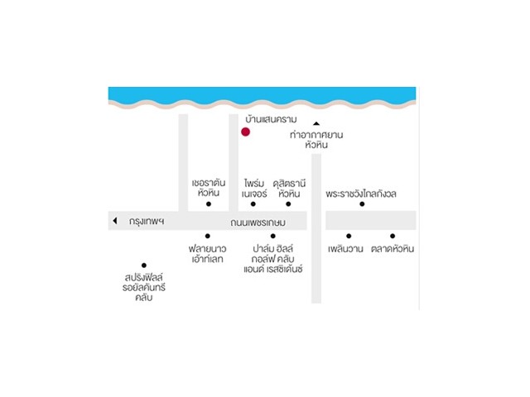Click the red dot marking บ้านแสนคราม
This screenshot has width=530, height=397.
click(x=245, y=132)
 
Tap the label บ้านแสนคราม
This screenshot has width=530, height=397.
click(x=269, y=120)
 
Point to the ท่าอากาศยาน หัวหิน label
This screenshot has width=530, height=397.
click(x=316, y=139)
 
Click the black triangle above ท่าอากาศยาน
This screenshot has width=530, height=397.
click(x=316, y=124)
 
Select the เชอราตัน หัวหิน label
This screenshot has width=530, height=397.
click(x=208, y=187)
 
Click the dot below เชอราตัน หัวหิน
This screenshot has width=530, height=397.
click(x=209, y=203)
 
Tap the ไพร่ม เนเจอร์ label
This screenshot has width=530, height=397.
click(x=253, y=187)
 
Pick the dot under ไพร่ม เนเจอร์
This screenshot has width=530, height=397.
click(x=253, y=203)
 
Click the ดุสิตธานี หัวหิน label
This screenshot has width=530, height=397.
click(x=289, y=187)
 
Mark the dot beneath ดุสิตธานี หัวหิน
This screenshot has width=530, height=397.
click(x=288, y=203)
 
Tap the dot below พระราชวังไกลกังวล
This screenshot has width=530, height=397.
click(x=362, y=203)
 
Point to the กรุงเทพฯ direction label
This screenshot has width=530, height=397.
click(x=147, y=222)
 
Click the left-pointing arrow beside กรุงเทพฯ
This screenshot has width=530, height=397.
click(x=115, y=221)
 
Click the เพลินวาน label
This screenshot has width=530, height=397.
click(x=348, y=248)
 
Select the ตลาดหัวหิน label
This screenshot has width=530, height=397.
click(x=393, y=248)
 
